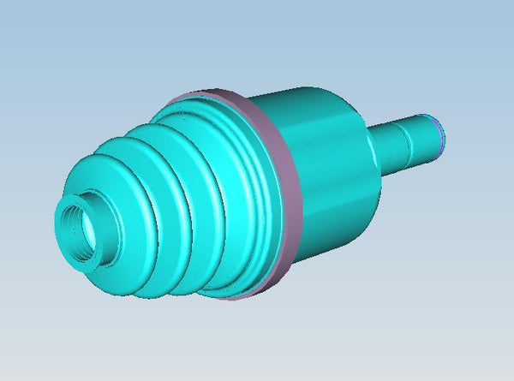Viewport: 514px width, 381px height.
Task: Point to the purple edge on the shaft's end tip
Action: pos(441,135)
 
